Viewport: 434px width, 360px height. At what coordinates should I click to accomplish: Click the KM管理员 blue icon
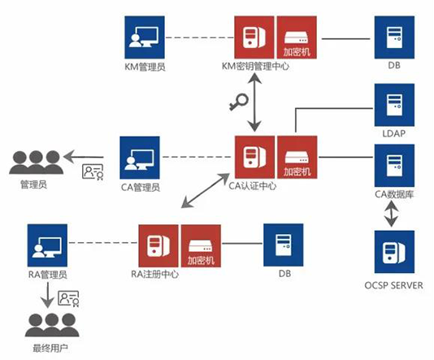pos(145,37)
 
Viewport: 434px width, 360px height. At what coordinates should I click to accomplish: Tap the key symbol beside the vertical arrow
pos(239,102)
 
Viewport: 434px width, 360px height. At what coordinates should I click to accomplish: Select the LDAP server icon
pos(394,105)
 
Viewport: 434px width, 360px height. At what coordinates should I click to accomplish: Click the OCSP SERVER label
pos(393,285)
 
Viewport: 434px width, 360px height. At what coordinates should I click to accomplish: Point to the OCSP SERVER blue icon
pos(394,252)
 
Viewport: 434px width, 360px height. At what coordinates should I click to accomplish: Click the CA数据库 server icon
pos(394,165)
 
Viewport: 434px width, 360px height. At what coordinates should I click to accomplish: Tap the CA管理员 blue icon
pos(140,158)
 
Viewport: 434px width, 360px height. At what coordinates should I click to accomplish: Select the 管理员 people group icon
pos(37,163)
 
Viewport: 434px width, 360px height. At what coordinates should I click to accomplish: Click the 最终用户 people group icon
pos(52,325)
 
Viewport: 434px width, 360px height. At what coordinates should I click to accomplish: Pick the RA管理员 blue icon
pos(47,245)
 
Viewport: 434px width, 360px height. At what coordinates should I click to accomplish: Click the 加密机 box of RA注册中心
pos(201,246)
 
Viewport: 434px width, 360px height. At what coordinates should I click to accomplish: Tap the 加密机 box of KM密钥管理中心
pos(297,37)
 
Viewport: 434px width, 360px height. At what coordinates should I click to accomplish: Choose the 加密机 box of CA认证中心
pos(297,157)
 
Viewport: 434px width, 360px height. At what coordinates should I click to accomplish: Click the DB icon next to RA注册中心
pos(283,245)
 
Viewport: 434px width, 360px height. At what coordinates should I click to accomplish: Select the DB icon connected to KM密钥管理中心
pos(394,37)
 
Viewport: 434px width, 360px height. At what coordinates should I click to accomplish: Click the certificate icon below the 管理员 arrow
pos(93,171)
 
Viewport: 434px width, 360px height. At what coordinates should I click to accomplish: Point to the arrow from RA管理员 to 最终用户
pos(48,295)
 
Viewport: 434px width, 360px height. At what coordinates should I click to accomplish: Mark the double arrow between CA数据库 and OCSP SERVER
pos(391,214)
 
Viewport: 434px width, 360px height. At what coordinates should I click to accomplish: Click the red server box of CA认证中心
pos(254,157)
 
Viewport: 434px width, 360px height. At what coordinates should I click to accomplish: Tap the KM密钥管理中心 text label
pos(255,67)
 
